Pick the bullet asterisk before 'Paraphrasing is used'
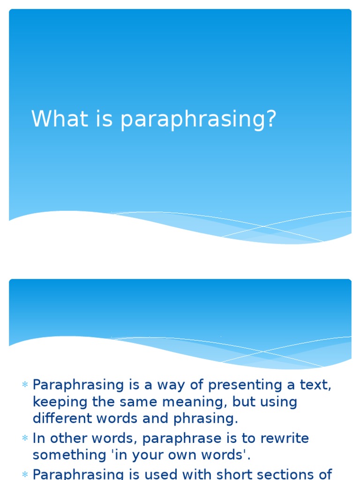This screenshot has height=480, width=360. pos(25,475)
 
